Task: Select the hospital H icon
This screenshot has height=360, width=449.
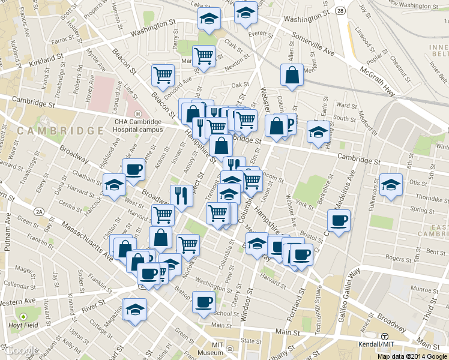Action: [x=138, y=114]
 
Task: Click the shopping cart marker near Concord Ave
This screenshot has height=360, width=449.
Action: [x=163, y=76]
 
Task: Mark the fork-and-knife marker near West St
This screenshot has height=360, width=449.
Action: [x=181, y=195]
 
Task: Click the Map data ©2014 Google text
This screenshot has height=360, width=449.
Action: [x=412, y=356]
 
